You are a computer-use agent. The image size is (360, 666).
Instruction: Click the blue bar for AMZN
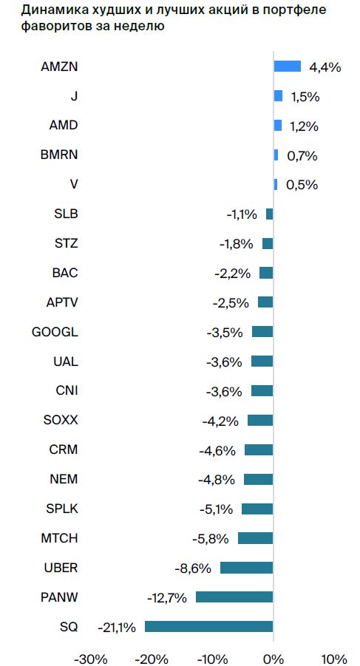coord(287,67)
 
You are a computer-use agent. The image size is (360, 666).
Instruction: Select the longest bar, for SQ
coord(208,627)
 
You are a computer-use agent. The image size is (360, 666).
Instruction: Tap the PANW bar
coord(234,597)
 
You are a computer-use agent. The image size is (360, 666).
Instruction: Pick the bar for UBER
coord(246,568)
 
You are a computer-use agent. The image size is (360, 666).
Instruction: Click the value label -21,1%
coord(117,627)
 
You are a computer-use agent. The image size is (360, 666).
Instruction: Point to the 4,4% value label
coord(325,67)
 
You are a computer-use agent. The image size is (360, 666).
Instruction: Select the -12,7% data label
coord(167,597)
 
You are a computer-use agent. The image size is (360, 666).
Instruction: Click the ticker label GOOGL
coord(55,332)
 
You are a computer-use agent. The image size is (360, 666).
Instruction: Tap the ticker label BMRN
coord(59,154)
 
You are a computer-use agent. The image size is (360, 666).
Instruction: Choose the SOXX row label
coord(61,421)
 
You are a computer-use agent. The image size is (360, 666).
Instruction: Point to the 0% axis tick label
coord(273,659)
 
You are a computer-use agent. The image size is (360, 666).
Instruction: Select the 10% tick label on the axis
coord(334,659)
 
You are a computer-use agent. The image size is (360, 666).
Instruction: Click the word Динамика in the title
coord(44,10)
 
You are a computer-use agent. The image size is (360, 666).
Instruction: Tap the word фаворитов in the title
coord(47,27)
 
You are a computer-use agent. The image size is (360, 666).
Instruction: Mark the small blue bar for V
coord(276,184)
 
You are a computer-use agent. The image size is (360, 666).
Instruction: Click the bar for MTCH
coord(255,538)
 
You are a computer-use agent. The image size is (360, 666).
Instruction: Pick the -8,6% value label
coord(193,568)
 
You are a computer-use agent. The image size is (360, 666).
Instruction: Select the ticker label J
coord(75,95)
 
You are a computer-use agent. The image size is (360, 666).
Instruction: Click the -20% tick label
coord(151,659)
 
